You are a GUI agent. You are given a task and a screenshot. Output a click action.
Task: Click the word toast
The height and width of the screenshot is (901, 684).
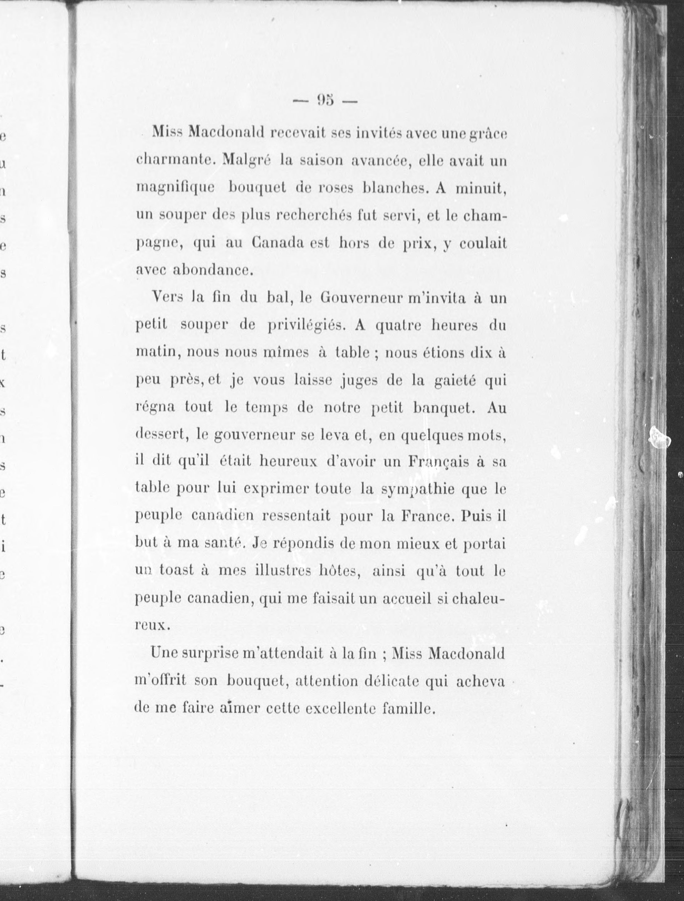[x=176, y=570]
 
